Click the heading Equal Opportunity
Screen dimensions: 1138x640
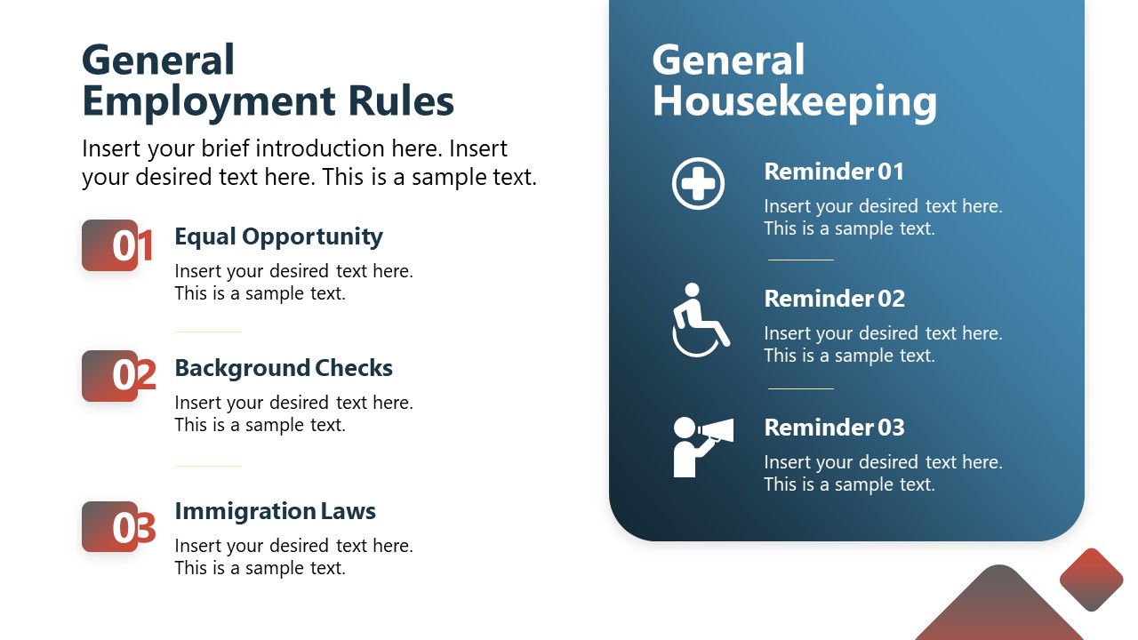coord(278,237)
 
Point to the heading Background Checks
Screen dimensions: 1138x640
coord(284,368)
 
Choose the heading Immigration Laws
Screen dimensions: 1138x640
coord(276,511)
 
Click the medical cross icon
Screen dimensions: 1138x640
coord(698,183)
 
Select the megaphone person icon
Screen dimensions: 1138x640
coord(703,447)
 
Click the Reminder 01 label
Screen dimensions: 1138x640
coord(834,172)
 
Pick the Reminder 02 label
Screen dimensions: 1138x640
coord(834,299)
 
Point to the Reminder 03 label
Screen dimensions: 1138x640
coord(834,428)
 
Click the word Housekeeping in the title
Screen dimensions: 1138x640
coord(795,103)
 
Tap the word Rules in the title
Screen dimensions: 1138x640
coord(401,101)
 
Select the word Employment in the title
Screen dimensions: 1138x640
coord(209,103)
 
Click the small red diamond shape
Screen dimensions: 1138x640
coord(1091,580)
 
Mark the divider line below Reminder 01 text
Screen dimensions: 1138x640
coord(801,260)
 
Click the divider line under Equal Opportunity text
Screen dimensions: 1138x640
coord(209,332)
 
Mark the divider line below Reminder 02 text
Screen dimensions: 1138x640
coord(801,388)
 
